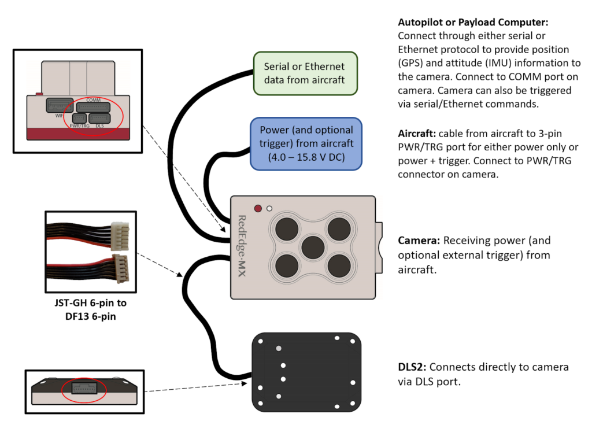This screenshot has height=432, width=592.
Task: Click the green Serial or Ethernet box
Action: (305, 73)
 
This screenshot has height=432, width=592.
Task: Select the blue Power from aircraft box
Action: (306, 144)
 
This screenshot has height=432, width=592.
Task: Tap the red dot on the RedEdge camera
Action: (258, 208)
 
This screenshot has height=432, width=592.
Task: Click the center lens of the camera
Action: (313, 248)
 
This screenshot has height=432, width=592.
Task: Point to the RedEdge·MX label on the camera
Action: (242, 246)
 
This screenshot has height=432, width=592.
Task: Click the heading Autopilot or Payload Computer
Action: (473, 23)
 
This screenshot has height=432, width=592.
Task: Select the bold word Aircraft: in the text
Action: (417, 134)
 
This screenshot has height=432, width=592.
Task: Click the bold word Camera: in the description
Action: (419, 241)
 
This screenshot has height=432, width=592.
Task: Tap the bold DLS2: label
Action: (412, 367)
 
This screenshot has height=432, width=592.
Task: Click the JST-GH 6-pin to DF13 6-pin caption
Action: (91, 309)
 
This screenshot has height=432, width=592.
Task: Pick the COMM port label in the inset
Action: (93, 100)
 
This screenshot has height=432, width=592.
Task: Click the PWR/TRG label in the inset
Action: (80, 125)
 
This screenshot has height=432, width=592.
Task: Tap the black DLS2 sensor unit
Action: (306, 372)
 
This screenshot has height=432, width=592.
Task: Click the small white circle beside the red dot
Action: (269, 208)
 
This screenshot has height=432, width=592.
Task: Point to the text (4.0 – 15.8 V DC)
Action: (306, 157)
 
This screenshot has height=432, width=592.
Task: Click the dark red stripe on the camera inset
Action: (78, 134)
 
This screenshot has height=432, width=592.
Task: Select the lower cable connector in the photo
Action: (121, 268)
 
